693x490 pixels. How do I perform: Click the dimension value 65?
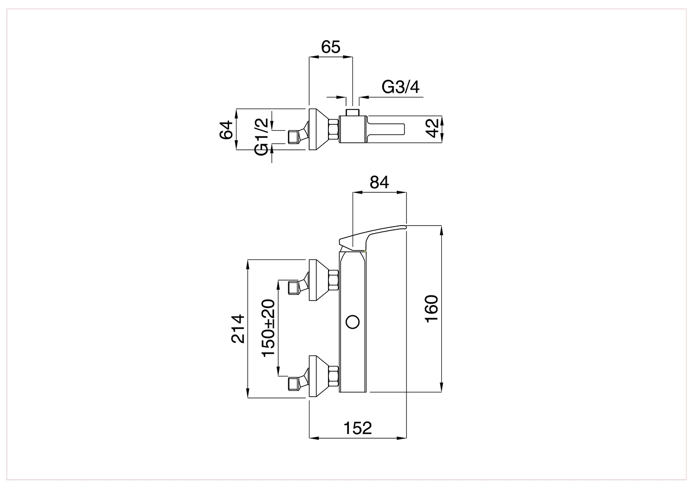(330, 47)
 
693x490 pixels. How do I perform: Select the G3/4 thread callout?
(401, 87)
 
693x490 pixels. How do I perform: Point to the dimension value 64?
(226, 130)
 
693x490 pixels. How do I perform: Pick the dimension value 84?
(379, 182)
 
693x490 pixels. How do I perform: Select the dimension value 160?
(432, 309)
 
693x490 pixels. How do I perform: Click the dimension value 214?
(237, 329)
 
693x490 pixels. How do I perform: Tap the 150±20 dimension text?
(268, 328)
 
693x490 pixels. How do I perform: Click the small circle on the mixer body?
(353, 322)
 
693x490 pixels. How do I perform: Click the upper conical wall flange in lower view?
(319, 280)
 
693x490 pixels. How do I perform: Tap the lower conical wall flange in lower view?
(319, 376)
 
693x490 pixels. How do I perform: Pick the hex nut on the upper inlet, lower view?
(334, 280)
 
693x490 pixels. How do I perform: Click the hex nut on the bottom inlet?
(334, 376)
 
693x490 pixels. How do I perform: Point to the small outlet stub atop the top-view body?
(353, 112)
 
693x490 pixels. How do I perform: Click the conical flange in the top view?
(319, 129)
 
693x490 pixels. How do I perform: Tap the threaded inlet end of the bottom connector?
(293, 383)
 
